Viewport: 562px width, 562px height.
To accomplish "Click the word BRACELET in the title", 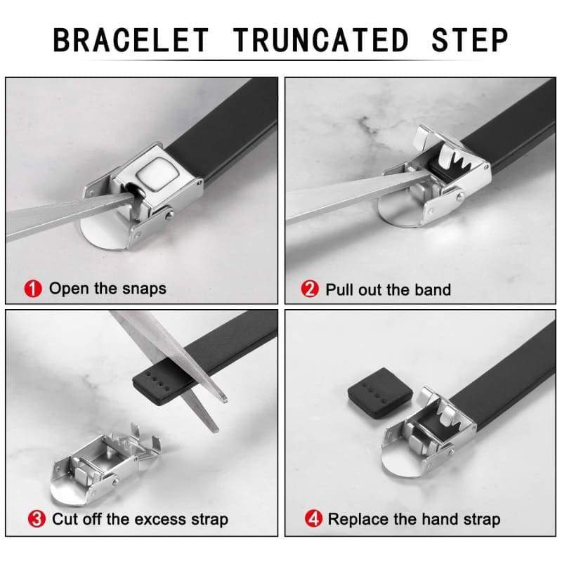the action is [131, 40].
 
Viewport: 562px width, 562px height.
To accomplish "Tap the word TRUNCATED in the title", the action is [321, 40].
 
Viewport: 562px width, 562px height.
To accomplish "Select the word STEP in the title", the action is [470, 40].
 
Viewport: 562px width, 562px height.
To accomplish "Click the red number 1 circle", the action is [33, 289].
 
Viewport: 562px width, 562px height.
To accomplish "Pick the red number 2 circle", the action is [310, 289].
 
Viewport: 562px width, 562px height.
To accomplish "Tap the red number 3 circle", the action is [37, 519].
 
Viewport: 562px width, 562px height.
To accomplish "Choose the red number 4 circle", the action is [313, 518].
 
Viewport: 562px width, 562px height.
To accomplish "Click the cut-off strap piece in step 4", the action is [380, 393].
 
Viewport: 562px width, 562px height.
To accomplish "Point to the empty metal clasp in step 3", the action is [104, 462].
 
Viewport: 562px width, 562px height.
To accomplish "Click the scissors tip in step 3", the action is [226, 399].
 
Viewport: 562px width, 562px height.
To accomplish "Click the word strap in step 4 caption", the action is [482, 520].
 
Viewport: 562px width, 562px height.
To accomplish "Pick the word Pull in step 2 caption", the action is [340, 289].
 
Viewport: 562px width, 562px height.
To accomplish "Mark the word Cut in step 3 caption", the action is [65, 519].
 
